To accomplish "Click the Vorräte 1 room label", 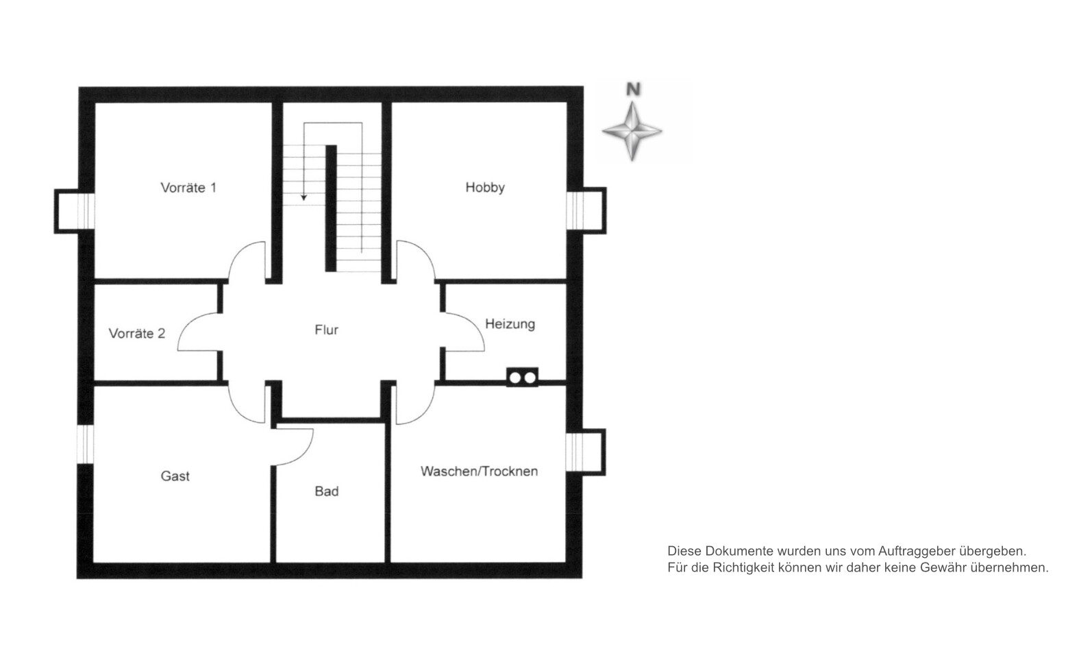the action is pyautogui.click(x=188, y=188).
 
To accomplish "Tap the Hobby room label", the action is pyautogui.click(x=484, y=187).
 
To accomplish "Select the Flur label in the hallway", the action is pyautogui.click(x=326, y=330).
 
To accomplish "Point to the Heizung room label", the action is pyautogui.click(x=510, y=324).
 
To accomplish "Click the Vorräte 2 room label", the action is pyautogui.click(x=137, y=334).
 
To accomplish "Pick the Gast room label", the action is pyautogui.click(x=175, y=476).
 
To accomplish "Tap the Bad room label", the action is pyautogui.click(x=327, y=491).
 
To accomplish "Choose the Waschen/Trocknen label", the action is pyautogui.click(x=480, y=471).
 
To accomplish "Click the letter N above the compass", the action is pyautogui.click(x=633, y=89).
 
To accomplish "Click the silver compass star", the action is pyautogui.click(x=632, y=131).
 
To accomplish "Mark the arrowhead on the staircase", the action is pyautogui.click(x=303, y=197).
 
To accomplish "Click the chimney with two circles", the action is pyautogui.click(x=522, y=378).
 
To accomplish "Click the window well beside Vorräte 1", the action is pyautogui.click(x=74, y=211).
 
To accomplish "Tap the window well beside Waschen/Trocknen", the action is pyautogui.click(x=586, y=452).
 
